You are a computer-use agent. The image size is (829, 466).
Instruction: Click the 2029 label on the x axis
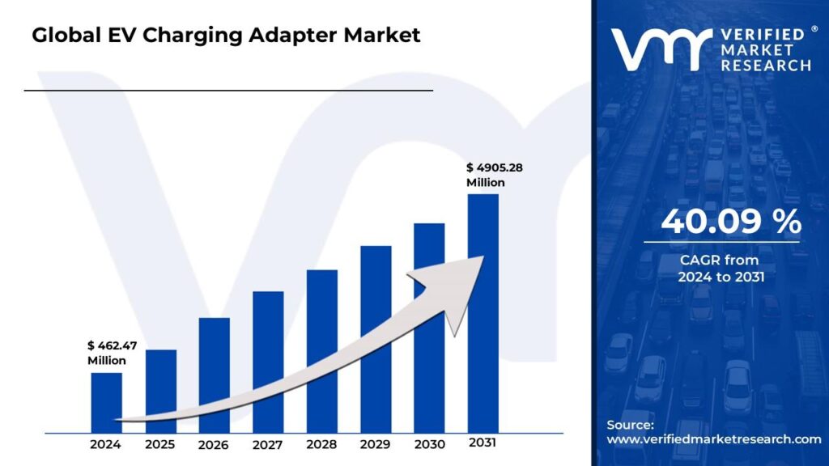375,444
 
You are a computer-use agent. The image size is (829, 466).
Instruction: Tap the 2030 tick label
429,444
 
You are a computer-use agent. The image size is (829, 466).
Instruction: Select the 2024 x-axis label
106,444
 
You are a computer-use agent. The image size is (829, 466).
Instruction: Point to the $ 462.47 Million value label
112,353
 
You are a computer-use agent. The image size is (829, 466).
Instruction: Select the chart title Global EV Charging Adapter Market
226,36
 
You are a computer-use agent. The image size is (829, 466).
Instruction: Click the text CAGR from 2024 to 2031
721,268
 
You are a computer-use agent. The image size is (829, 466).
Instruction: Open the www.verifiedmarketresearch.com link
713,438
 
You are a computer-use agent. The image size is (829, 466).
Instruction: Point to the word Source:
630,425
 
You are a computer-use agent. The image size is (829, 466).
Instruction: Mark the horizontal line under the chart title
228,91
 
